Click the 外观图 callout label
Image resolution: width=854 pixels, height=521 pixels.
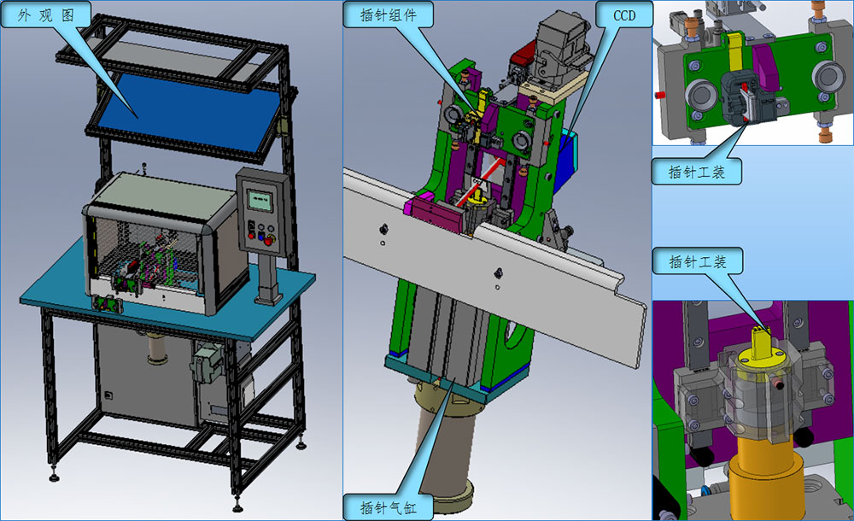click(x=45, y=15)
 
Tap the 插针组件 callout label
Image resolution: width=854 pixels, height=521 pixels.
click(x=388, y=15)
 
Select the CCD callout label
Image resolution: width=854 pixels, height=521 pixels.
click(x=624, y=15)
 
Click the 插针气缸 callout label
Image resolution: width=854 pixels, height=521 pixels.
click(x=388, y=508)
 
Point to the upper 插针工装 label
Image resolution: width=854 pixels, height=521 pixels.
click(x=697, y=172)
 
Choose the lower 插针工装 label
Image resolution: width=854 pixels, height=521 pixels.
click(x=698, y=261)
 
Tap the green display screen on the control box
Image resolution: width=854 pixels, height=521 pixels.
click(x=260, y=200)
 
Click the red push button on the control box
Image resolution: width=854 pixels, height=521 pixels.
click(x=252, y=236)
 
